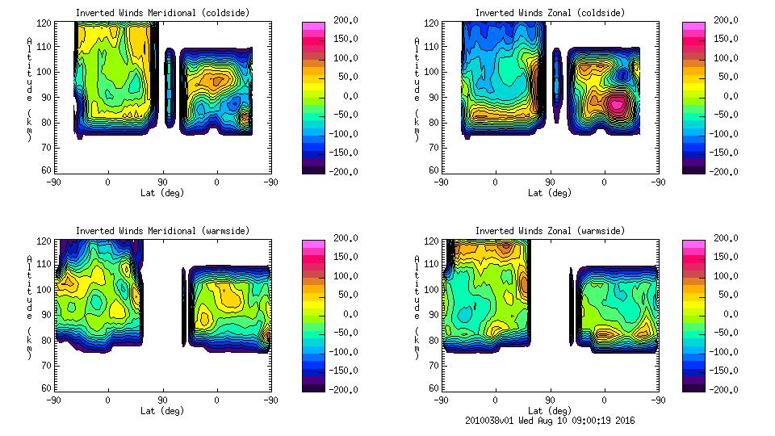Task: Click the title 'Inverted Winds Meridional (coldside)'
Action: [163, 13]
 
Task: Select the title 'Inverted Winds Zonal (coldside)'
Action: [550, 13]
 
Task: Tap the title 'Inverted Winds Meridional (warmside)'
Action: [163, 231]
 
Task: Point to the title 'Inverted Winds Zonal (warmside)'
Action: [550, 231]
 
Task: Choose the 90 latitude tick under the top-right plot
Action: [550, 182]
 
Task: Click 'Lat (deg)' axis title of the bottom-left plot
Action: [163, 411]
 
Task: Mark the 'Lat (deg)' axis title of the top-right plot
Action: [550, 193]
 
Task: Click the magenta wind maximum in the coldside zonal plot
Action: [618, 104]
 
